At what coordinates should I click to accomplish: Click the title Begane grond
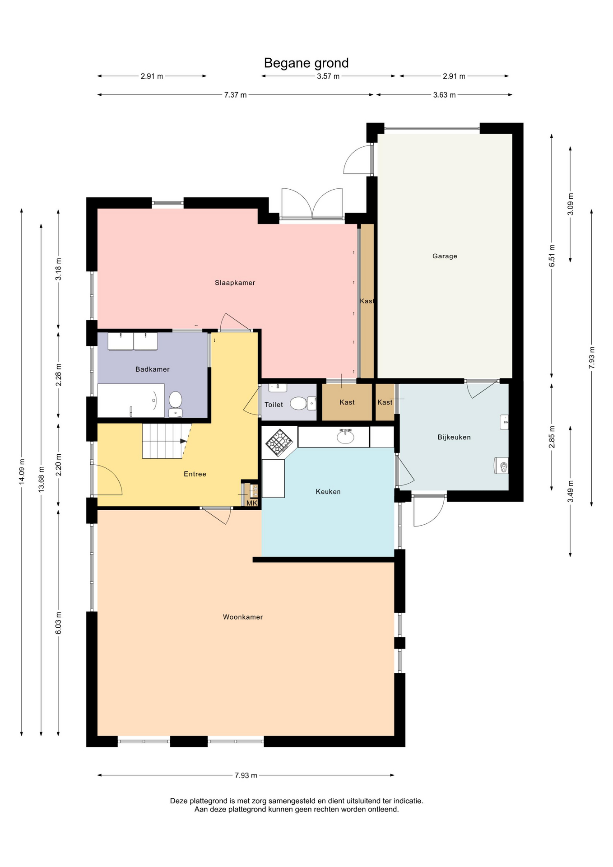pyautogui.click(x=306, y=63)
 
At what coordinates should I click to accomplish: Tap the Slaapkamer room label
pyautogui.click(x=235, y=283)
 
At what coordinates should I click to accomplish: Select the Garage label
pyautogui.click(x=445, y=256)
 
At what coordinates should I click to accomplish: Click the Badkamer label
pyautogui.click(x=153, y=369)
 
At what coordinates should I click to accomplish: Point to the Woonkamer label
pyautogui.click(x=243, y=617)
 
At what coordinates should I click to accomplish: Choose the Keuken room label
pyautogui.click(x=328, y=492)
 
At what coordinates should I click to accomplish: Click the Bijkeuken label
pyautogui.click(x=454, y=437)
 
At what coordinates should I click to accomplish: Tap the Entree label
pyautogui.click(x=195, y=474)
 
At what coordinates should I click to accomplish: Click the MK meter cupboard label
pyautogui.click(x=252, y=503)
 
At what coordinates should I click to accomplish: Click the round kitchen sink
pyautogui.click(x=346, y=437)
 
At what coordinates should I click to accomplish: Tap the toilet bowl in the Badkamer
pyautogui.click(x=175, y=403)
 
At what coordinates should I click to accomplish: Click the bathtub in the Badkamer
pyautogui.click(x=131, y=401)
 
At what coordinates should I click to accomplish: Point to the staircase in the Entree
pyautogui.click(x=166, y=441)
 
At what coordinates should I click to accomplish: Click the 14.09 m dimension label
pyautogui.click(x=22, y=471)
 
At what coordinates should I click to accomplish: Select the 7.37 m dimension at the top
pyautogui.click(x=236, y=95)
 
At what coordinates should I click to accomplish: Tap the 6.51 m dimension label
pyautogui.click(x=552, y=256)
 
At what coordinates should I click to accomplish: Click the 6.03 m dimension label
pyautogui.click(x=58, y=623)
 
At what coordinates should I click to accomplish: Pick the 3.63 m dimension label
pyautogui.click(x=444, y=95)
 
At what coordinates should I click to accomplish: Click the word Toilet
pyautogui.click(x=274, y=405)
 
